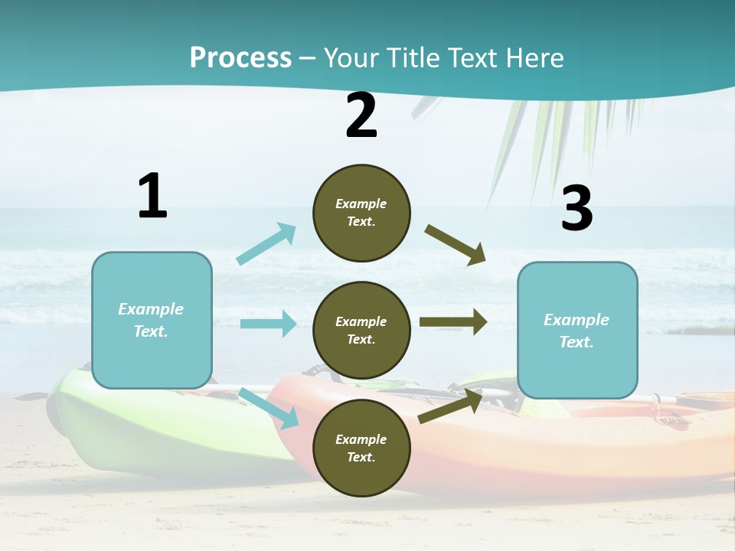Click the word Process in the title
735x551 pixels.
point(240,58)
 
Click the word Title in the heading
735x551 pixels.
point(413,58)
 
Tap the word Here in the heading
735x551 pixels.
point(535,58)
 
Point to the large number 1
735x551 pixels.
point(152,197)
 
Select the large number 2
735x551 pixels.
point(361,116)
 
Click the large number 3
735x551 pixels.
point(577,209)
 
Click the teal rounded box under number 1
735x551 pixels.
point(152,320)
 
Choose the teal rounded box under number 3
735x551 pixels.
point(577,330)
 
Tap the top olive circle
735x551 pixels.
point(361,213)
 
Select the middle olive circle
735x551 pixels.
point(361,330)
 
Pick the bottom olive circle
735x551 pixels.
point(361,448)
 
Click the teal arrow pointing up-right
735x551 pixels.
point(266,243)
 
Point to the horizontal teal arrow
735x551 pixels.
point(268,324)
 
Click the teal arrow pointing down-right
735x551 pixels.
point(269,408)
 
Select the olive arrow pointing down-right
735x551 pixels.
point(456,244)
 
